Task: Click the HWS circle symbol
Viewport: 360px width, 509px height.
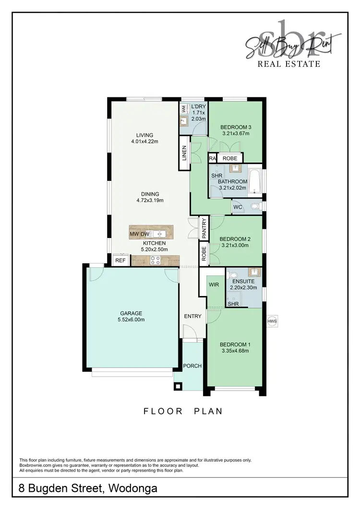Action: click(273, 321)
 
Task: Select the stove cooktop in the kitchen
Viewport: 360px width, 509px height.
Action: click(156, 260)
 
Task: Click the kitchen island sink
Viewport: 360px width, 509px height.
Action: click(161, 234)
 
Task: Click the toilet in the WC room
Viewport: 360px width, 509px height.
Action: click(254, 207)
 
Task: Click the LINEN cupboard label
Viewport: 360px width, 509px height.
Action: click(183, 153)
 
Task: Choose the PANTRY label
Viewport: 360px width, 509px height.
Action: click(204, 228)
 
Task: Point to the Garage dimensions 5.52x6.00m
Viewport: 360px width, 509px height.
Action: click(131, 320)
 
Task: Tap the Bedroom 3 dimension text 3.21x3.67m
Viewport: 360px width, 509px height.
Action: click(235, 134)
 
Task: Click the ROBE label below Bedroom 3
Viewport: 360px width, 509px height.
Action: click(230, 158)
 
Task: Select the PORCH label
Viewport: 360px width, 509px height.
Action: click(192, 366)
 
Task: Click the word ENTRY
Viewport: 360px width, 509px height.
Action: click(192, 316)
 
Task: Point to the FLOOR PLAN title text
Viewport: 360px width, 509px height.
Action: click(182, 411)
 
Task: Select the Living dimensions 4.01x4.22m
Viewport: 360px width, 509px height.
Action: click(144, 142)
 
